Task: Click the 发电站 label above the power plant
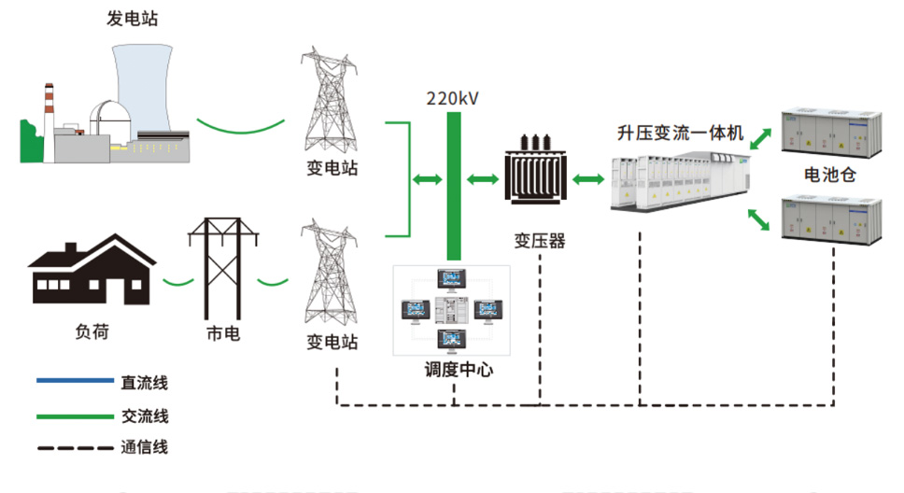tap(132, 19)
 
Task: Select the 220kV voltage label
tap(453, 97)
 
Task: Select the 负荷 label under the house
tap(91, 332)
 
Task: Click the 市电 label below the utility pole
tap(222, 332)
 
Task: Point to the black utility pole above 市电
tap(222, 267)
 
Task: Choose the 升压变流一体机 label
tap(679, 134)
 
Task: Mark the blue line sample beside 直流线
tap(73, 381)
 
